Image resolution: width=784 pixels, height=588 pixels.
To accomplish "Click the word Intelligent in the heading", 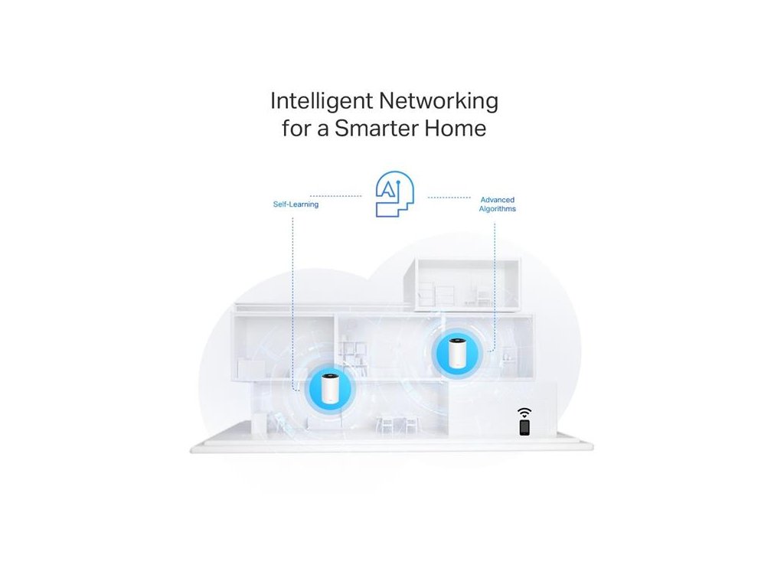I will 315,101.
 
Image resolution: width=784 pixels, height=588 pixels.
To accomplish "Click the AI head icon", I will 394,195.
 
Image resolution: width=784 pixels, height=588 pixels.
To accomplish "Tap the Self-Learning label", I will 296,204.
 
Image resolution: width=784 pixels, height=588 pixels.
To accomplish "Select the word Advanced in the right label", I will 497,200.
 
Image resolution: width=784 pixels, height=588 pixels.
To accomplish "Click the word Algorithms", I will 497,208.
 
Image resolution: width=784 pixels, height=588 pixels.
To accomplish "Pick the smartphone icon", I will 524,427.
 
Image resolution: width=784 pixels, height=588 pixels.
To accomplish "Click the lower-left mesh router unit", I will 329,388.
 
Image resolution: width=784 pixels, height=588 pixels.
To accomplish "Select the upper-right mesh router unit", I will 457,352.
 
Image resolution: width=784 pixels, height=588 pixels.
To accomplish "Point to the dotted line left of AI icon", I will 336,197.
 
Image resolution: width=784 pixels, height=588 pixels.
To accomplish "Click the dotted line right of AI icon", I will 449,198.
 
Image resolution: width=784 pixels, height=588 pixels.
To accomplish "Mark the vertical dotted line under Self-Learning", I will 293,291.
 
